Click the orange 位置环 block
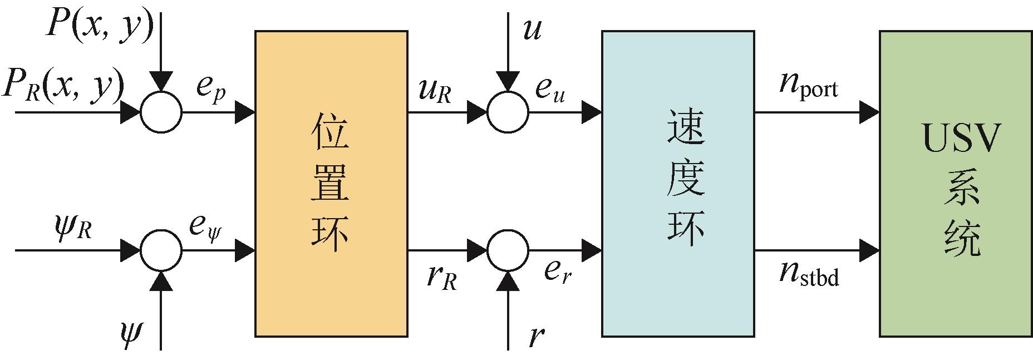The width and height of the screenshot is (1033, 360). [x=331, y=184]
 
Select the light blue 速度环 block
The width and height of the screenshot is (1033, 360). [x=678, y=184]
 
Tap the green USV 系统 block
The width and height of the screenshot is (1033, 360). [x=956, y=184]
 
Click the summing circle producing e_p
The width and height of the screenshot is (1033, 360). [x=161, y=112]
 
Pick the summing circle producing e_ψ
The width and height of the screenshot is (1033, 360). [x=161, y=250]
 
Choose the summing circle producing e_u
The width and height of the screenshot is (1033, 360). [x=508, y=112]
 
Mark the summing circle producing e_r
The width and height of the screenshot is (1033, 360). [x=508, y=250]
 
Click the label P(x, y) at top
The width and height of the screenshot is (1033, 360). [x=99, y=25]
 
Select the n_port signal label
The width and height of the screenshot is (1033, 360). [x=808, y=86]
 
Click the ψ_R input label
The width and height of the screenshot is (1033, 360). [x=70, y=228]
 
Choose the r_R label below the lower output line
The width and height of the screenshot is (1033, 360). [x=442, y=277]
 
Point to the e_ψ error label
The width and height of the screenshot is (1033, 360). [x=205, y=228]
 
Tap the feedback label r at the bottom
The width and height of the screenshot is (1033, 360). [x=535, y=336]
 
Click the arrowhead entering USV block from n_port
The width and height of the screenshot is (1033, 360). [x=869, y=112]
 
